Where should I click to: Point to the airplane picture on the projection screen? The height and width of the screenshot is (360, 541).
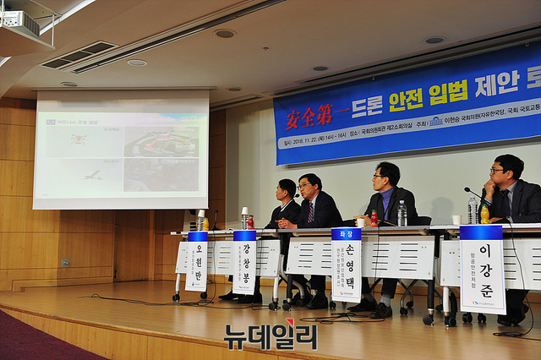click(x=91, y=175)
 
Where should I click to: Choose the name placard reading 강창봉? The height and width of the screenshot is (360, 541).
click(x=244, y=261)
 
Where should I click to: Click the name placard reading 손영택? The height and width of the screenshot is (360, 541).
click(x=346, y=264)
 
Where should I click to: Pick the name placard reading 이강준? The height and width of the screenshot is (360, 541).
click(x=483, y=268)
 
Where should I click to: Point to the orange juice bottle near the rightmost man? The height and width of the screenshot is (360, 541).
click(x=484, y=213)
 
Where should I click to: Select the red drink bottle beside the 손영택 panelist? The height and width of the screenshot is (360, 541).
click(x=374, y=218)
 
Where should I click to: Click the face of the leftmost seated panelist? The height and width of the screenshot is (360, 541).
click(x=286, y=191)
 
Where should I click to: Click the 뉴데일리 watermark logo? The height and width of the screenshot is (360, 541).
click(x=270, y=336)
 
